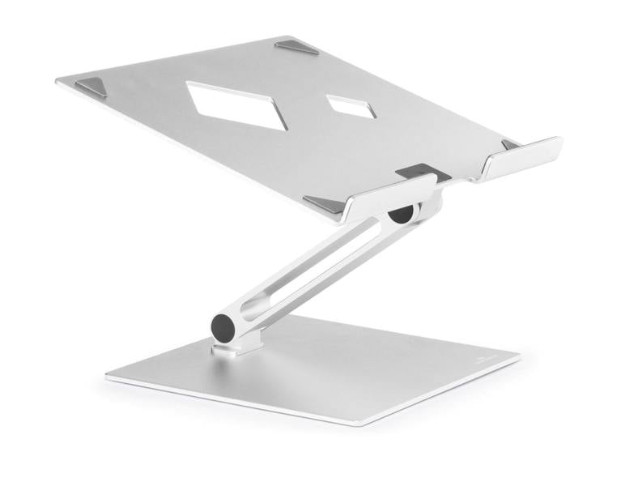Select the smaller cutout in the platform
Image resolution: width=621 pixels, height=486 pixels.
(351, 106)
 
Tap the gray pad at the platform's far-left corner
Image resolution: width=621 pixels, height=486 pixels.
(92, 86)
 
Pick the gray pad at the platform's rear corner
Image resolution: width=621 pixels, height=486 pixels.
(297, 47)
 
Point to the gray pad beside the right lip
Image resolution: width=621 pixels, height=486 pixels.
(511, 145)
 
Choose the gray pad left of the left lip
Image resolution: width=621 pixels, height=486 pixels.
(325, 204)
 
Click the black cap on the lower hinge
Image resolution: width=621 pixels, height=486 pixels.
(223, 328)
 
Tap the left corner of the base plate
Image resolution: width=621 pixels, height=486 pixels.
(108, 377)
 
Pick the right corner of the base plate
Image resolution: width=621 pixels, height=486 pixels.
(519, 357)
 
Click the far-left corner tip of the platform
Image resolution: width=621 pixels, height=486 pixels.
(57, 81)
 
